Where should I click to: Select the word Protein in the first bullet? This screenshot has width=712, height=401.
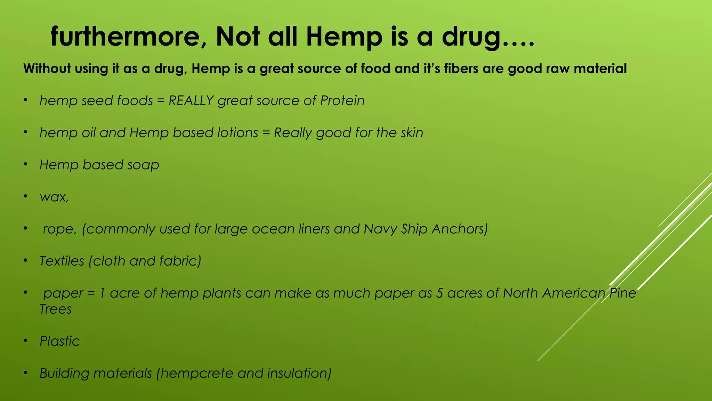coord(342,101)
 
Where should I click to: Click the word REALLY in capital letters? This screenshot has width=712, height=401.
coord(191,101)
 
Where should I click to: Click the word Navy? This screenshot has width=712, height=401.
coord(380,229)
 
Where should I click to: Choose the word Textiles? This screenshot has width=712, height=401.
coord(62,261)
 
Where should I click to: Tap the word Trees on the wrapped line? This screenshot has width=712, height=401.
coord(55,309)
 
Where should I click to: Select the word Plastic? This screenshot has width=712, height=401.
coord(59,341)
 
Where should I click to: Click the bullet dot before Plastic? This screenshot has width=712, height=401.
coord(25,341)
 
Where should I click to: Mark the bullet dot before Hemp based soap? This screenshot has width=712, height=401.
coord(25,165)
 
